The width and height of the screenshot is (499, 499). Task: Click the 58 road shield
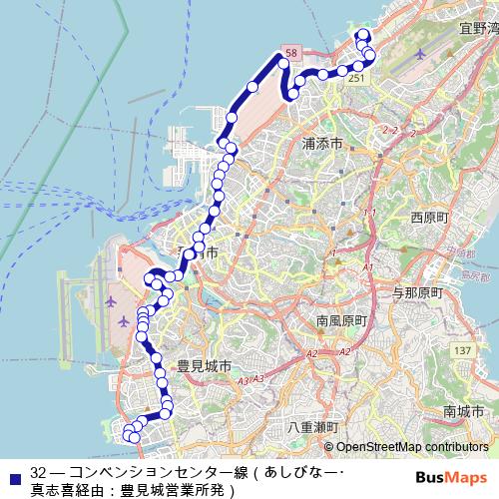click(288, 50)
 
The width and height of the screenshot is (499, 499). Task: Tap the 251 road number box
click(357, 78)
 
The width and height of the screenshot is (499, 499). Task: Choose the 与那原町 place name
click(416, 292)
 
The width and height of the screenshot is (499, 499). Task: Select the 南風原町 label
click(342, 321)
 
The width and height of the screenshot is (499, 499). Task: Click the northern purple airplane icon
click(109, 298)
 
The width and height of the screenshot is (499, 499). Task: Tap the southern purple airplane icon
click(124, 321)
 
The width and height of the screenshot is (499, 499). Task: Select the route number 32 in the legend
click(39, 472)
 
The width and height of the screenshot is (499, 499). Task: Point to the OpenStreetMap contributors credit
click(413, 447)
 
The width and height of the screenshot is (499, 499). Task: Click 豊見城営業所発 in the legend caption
click(176, 490)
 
